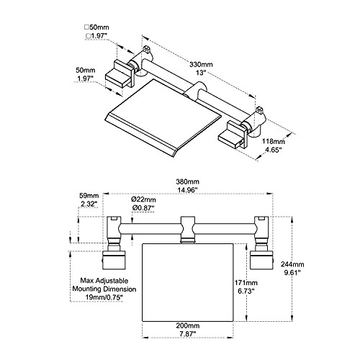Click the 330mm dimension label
[201, 65]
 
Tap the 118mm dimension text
[274, 141]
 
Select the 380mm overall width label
[187, 181]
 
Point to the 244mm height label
[292, 264]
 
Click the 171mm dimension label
[246, 283]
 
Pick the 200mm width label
[188, 325]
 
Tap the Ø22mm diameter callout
[143, 199]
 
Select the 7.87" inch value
[188, 334]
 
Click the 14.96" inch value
[187, 190]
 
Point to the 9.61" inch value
[292, 273]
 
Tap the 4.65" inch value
[274, 150]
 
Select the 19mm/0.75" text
[104, 297]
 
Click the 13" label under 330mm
[201, 73]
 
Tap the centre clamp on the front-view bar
[187, 230]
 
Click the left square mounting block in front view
[114, 260]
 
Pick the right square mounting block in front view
[261, 260]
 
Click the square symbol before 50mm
[86, 27]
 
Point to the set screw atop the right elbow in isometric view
[260, 111]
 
